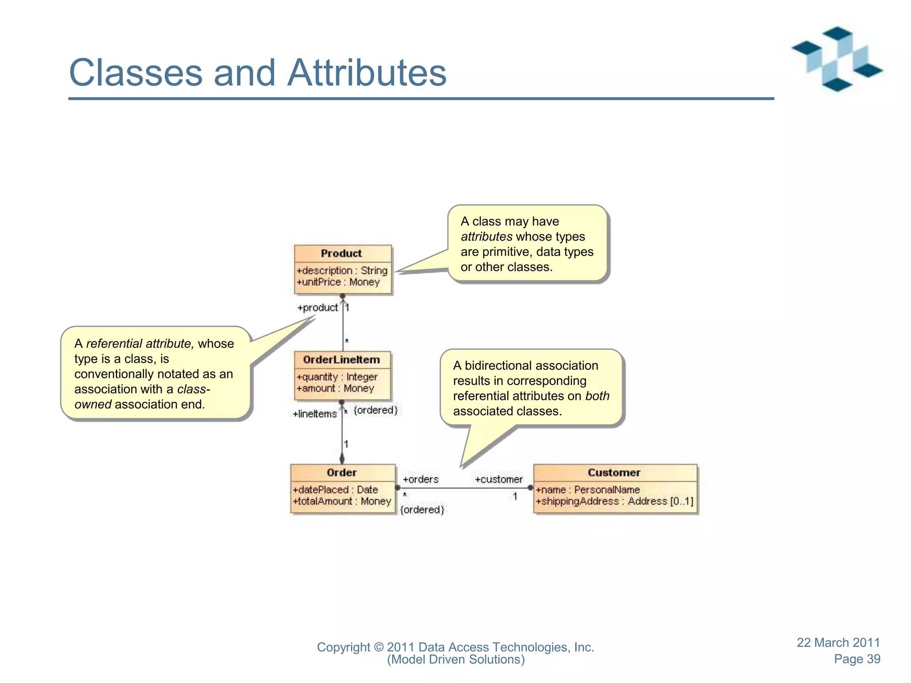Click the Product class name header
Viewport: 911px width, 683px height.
[x=341, y=253]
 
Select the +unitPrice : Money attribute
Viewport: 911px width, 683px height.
[x=338, y=282]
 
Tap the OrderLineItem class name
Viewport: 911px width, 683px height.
[x=341, y=360]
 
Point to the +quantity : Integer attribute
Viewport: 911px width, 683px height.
[x=337, y=377]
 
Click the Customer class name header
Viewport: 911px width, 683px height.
[x=614, y=473]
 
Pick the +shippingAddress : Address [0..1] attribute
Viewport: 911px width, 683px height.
[x=614, y=501]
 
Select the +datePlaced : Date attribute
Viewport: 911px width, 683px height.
[x=335, y=490]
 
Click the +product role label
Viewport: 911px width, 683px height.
[x=318, y=308]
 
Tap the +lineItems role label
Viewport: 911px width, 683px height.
[x=314, y=414]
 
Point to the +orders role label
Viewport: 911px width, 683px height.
[x=420, y=479]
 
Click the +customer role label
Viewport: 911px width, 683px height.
[x=499, y=479]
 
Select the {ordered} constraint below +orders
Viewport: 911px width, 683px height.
[x=422, y=510]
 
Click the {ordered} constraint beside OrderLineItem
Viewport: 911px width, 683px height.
[x=375, y=410]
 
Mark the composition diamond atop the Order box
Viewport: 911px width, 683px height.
[x=342, y=458]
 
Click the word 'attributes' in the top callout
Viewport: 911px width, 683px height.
[x=486, y=237]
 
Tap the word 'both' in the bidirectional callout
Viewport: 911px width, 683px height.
[x=597, y=396]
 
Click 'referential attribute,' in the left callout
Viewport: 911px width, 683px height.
[x=140, y=343]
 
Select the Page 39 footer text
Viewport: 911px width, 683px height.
[x=857, y=659]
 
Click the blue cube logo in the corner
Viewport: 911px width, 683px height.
[x=837, y=59]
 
